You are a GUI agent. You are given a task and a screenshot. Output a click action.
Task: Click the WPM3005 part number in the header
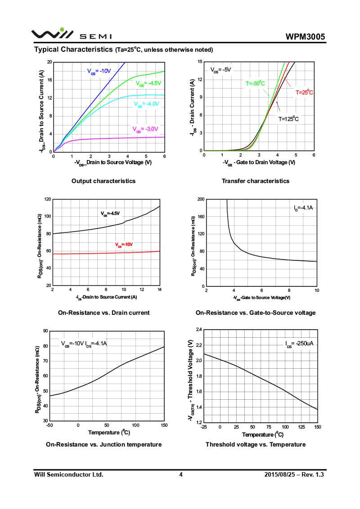point(305,37)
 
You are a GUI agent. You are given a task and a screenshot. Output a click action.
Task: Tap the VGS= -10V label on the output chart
point(99,71)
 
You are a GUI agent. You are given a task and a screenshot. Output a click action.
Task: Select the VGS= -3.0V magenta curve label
point(145,129)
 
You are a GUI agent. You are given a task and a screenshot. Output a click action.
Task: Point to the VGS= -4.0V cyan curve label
point(147,104)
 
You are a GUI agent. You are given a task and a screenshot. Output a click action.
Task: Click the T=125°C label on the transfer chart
point(288,119)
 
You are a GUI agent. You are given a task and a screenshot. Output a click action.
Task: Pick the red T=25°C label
point(304,92)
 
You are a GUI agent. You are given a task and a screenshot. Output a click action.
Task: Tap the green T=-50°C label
point(255,83)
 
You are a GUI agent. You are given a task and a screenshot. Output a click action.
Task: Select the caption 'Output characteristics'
point(103,181)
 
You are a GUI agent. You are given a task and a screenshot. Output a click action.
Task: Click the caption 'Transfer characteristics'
point(256,181)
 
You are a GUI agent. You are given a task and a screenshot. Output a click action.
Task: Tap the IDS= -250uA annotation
point(299,344)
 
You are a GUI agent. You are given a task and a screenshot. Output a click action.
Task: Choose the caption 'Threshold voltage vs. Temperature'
point(256,444)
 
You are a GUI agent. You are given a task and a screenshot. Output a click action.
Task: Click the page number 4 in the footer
point(180,474)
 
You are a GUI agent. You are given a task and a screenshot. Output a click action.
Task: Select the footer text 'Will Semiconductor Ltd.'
point(69,474)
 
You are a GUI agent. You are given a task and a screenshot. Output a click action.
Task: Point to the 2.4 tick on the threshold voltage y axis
point(198,330)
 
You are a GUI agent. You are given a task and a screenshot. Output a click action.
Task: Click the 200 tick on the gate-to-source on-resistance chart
point(201,199)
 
